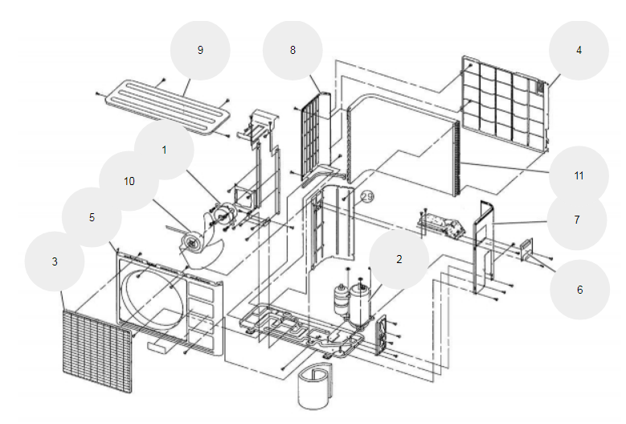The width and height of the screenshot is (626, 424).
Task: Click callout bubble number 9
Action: [x=200, y=50]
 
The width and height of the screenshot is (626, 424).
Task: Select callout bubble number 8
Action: [x=293, y=50]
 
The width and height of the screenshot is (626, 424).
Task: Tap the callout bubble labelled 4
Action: [x=579, y=50]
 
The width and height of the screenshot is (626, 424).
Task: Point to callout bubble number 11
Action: [x=579, y=175]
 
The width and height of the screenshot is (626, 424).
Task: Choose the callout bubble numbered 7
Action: [x=577, y=220]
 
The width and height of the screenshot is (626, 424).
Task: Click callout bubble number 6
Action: [x=579, y=290]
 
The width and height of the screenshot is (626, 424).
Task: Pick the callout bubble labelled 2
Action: [x=399, y=259]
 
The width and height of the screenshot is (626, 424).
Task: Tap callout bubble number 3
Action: [x=55, y=261]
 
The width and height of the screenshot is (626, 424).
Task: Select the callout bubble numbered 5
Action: [x=92, y=217]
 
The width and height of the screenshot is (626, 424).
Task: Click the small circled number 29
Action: [x=367, y=196]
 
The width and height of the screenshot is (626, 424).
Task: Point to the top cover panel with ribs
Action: [x=168, y=106]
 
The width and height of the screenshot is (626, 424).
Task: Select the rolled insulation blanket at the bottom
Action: [x=315, y=386]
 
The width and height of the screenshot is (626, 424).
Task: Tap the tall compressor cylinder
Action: [x=361, y=303]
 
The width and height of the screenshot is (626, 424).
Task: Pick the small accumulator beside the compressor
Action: [x=341, y=299]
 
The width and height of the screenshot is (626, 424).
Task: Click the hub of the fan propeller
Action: [x=190, y=241]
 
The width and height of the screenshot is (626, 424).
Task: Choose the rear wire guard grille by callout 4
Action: [x=504, y=105]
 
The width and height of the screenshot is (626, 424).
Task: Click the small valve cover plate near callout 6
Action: [x=527, y=249]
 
